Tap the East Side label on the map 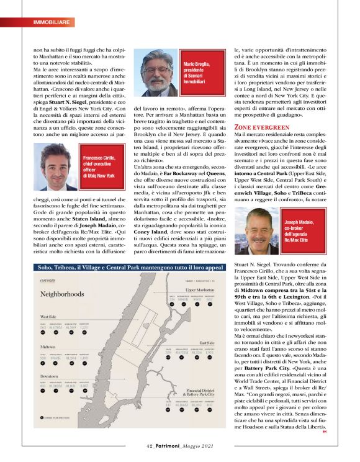pyautogui.click(x=207, y=342)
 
